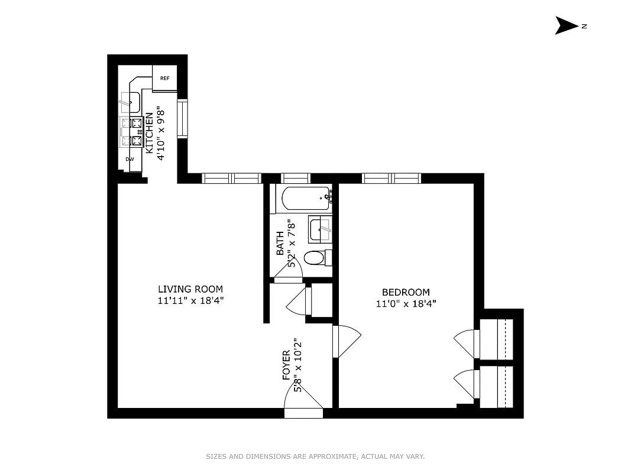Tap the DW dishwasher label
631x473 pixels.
point(130,159)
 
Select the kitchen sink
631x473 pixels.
point(130,102)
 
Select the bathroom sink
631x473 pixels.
point(321,229)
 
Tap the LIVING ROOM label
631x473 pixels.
point(190,289)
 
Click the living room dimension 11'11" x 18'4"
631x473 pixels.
point(190,300)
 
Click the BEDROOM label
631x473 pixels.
point(406,292)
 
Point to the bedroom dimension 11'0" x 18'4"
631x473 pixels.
point(406,304)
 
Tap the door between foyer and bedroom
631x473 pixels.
point(346,342)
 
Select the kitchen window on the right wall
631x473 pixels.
point(182,119)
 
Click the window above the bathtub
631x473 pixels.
point(295,178)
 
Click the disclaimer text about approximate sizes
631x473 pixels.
point(315,456)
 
